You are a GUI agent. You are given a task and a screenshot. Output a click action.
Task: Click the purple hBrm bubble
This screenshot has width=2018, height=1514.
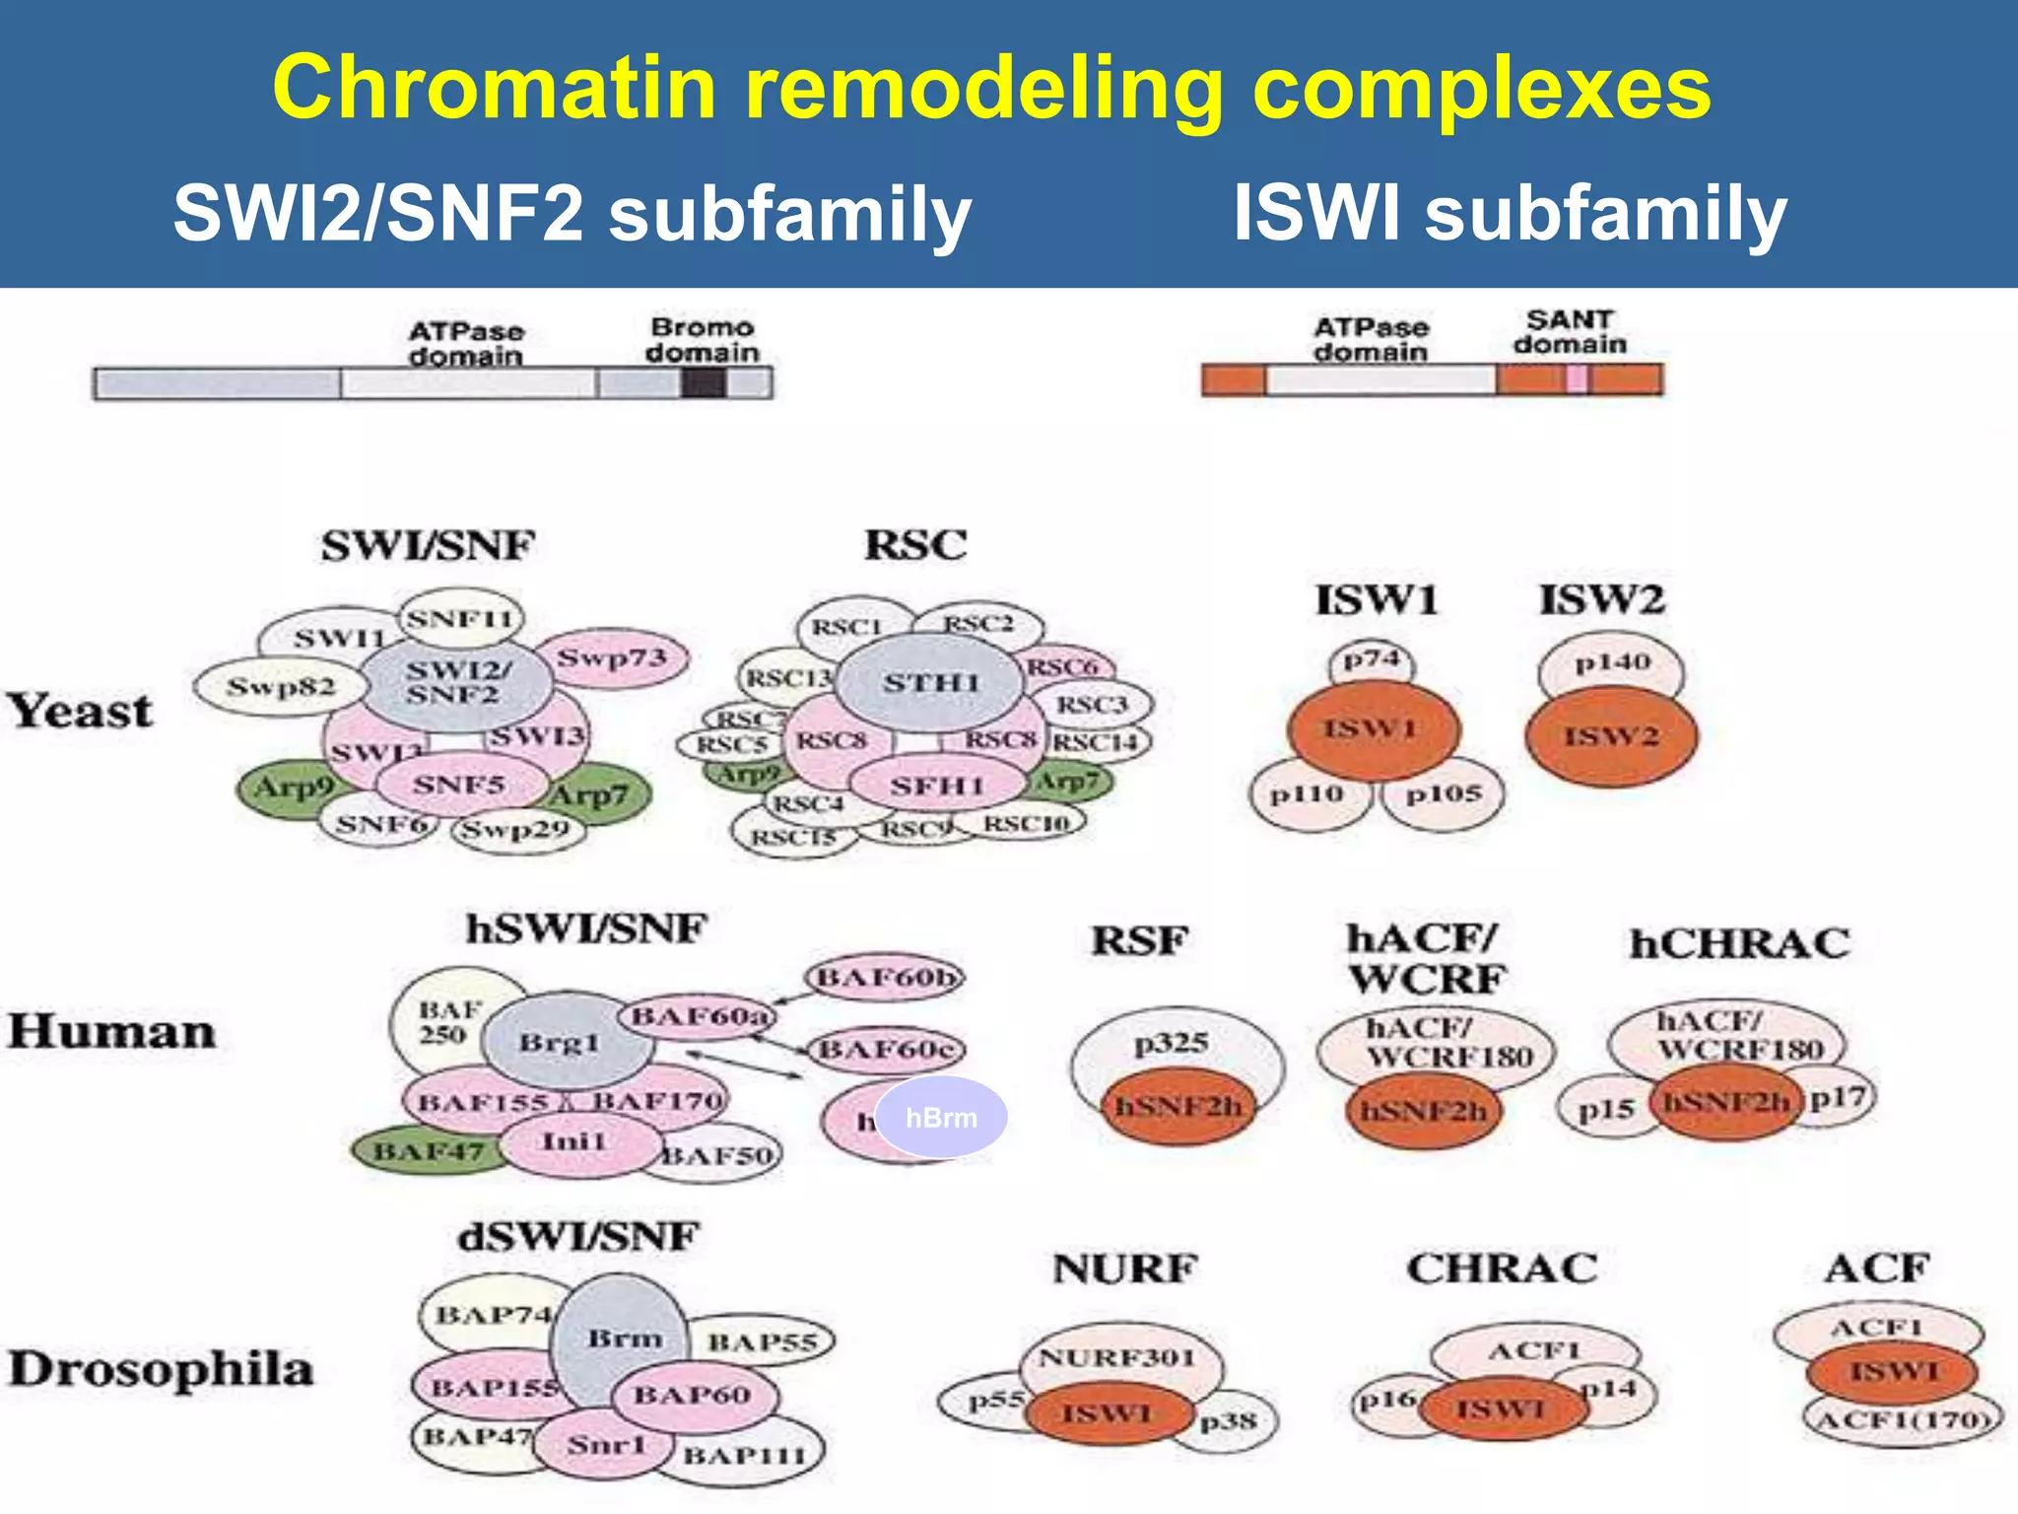[x=942, y=1118]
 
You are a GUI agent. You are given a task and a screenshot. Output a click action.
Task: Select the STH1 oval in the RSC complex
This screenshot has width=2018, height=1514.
[x=930, y=682]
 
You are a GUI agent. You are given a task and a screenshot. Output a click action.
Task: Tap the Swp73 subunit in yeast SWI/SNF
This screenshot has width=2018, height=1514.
[x=613, y=657]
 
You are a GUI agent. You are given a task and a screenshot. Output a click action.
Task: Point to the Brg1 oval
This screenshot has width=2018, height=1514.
[x=560, y=1043]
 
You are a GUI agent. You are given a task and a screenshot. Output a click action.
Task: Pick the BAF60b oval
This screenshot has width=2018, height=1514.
[x=885, y=978]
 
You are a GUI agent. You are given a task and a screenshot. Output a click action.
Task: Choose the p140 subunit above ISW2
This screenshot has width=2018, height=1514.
[x=1612, y=662]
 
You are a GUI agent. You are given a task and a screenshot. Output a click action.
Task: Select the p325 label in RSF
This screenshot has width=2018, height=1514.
[x=1171, y=1043]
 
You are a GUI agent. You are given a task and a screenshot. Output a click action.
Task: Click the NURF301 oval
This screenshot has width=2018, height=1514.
[x=1116, y=1358]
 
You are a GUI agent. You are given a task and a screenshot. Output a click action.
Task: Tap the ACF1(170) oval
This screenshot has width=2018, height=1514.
[x=1902, y=1420]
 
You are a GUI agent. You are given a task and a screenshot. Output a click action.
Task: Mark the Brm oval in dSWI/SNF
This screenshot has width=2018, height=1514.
[x=623, y=1339]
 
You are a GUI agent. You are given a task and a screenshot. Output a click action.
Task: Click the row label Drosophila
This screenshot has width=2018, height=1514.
[x=161, y=1369]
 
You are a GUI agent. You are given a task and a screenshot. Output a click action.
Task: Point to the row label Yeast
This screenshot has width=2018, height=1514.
[x=81, y=711]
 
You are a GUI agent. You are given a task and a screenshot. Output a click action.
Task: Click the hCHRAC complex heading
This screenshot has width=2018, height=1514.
[x=1739, y=944]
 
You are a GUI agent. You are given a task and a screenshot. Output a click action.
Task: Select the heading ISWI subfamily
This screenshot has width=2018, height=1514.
[x=1510, y=213]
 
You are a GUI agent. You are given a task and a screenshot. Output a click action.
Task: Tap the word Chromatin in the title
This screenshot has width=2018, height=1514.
[x=493, y=89]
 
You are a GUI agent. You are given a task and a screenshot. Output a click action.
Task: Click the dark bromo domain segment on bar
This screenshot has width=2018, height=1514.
[x=703, y=382]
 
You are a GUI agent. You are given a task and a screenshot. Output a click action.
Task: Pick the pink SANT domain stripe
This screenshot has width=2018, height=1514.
[x=1577, y=379]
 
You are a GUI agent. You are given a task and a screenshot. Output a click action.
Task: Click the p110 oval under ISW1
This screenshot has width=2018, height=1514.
[x=1307, y=794]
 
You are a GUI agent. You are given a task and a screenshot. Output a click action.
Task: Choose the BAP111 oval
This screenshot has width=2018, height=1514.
[x=745, y=1455]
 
